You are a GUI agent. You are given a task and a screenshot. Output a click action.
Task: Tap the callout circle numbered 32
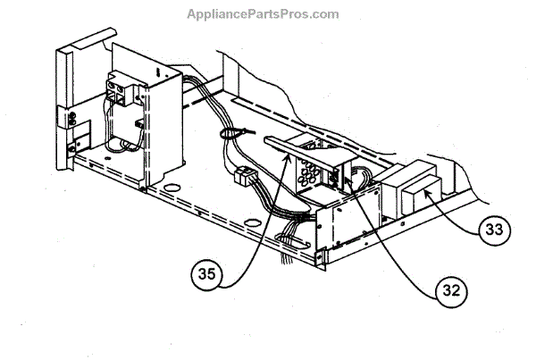tap(452, 289)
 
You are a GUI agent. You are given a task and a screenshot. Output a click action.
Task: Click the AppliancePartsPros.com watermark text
tap(263, 14)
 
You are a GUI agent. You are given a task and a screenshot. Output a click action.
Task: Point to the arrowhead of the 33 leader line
tap(428, 190)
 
